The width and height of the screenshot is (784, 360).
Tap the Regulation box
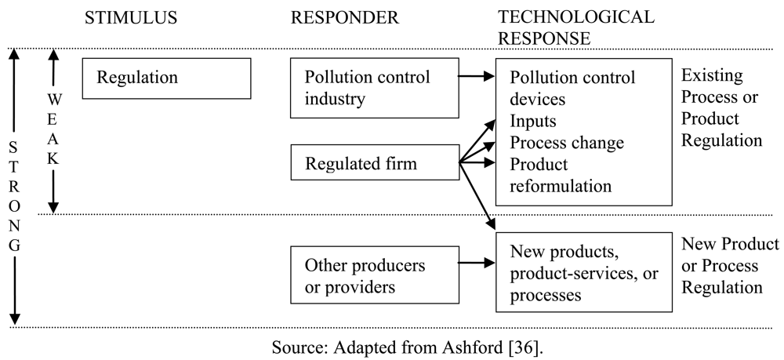(x=166, y=78)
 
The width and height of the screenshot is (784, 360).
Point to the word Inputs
(x=534, y=122)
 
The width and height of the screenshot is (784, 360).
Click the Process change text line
(x=566, y=144)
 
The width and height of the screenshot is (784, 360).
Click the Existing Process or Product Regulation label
(x=721, y=108)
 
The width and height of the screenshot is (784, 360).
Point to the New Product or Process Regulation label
(x=730, y=265)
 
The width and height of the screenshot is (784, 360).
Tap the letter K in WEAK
(x=53, y=157)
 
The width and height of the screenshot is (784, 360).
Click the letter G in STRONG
(x=15, y=245)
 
